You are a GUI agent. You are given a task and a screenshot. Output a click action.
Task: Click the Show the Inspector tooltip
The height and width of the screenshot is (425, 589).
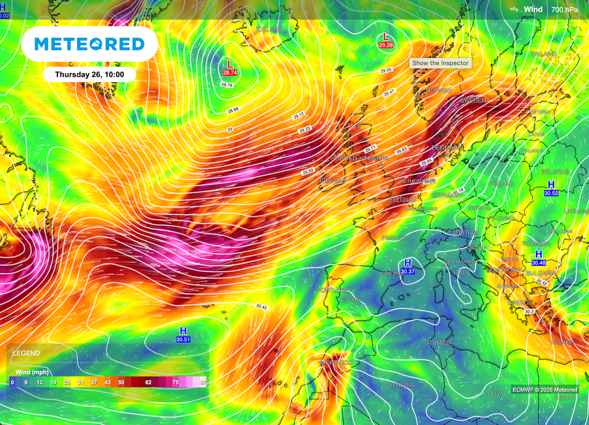[x=440, y=63]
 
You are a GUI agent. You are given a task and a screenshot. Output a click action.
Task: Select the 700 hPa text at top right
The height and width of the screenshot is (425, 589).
[x=564, y=9]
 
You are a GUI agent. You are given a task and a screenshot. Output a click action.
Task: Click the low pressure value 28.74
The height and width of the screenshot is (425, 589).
[x=230, y=73]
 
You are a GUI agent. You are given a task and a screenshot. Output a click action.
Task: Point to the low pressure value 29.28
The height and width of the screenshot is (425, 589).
[x=385, y=45]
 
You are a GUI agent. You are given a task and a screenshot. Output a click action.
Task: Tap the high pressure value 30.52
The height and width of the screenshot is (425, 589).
[x=550, y=193]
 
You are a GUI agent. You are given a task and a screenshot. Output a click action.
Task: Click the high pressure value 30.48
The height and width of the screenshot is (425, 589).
[x=539, y=263]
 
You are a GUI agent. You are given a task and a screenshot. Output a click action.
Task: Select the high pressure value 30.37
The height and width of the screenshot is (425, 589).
[x=408, y=271]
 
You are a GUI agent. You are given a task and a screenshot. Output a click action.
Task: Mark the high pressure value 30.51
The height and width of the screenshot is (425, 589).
[x=183, y=339]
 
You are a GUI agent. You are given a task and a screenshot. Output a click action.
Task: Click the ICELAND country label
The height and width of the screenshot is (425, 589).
[x=269, y=29]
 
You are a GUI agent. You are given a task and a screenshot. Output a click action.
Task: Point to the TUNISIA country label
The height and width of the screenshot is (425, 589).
[x=441, y=343]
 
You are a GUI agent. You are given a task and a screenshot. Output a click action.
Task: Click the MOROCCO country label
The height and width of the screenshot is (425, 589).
[x=336, y=363]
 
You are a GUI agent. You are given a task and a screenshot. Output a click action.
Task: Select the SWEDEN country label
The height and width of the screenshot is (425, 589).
[x=473, y=101]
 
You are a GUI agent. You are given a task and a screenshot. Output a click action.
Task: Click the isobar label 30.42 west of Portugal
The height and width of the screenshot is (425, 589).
[x=261, y=308]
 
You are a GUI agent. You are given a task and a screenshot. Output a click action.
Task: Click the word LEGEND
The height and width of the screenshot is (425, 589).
[x=26, y=353]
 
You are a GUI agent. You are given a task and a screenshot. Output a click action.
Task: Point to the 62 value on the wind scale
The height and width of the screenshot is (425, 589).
[x=148, y=382]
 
